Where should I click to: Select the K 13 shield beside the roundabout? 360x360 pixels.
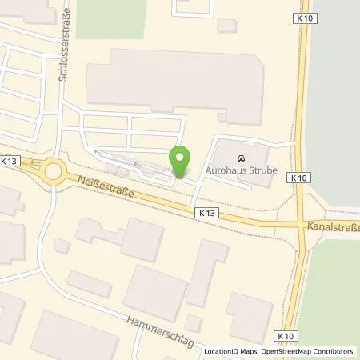(9, 161)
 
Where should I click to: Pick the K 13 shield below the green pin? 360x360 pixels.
(205, 212)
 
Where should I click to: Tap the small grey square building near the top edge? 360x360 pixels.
(227, 26)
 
